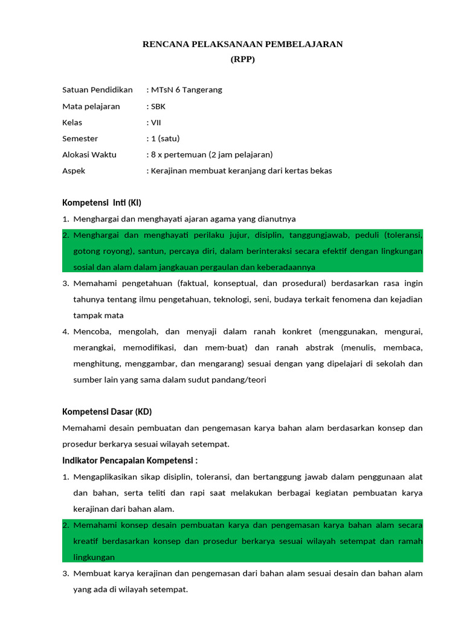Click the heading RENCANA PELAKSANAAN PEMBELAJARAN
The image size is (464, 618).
[x=242, y=44]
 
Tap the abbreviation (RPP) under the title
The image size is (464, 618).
[x=243, y=59]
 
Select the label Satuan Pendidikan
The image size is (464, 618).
[x=97, y=90]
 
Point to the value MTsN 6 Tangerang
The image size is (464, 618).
[x=186, y=90]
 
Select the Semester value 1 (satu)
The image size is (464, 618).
[x=165, y=138]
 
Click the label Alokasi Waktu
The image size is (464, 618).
[x=89, y=154]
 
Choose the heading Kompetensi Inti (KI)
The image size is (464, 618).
[x=101, y=203]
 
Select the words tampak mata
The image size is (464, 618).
[x=98, y=316]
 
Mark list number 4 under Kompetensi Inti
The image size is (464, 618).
[x=65, y=331]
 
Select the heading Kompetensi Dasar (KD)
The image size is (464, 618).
[x=107, y=412]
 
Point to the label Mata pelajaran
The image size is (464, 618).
[x=91, y=106]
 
